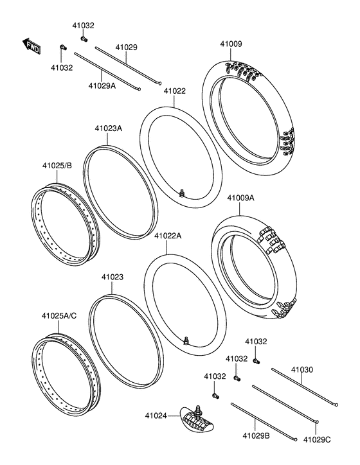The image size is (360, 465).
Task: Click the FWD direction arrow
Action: pyautogui.click(x=31, y=46)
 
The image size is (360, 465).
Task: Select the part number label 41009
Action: pyautogui.click(x=231, y=44)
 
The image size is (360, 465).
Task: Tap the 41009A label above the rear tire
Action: pyautogui.click(x=240, y=198)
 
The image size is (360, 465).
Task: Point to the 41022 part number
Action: pyautogui.click(x=174, y=91)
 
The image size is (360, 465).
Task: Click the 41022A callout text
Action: pyautogui.click(x=168, y=236)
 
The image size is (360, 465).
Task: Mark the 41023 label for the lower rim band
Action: pyautogui.click(x=112, y=277)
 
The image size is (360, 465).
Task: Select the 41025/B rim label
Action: pyautogui.click(x=57, y=166)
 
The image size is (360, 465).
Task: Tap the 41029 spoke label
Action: pyautogui.click(x=126, y=47)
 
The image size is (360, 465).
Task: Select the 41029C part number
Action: pyautogui.click(x=316, y=439)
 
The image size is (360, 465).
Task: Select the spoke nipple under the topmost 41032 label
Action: pyautogui.click(x=83, y=38)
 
